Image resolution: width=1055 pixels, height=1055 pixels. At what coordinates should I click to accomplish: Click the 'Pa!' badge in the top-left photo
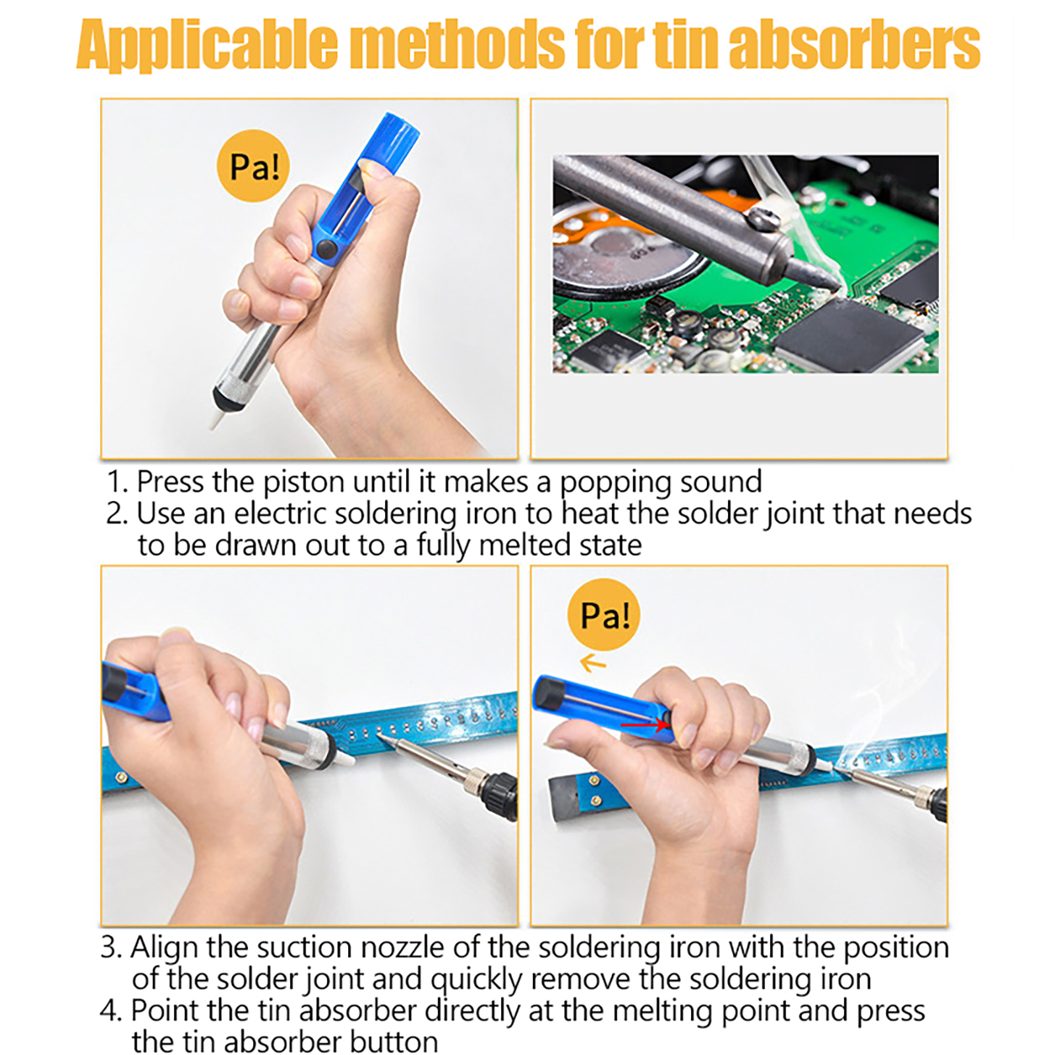(x=254, y=166)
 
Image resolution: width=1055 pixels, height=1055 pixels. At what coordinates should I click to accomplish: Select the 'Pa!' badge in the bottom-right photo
(x=604, y=615)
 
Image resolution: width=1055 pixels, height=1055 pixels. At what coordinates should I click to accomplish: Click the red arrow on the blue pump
(x=645, y=725)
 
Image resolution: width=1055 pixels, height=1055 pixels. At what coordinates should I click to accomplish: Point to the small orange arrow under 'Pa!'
(x=593, y=663)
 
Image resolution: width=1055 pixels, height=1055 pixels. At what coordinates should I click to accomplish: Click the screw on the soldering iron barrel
(x=764, y=218)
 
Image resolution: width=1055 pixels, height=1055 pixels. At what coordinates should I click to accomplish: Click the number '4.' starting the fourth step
(x=111, y=1011)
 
